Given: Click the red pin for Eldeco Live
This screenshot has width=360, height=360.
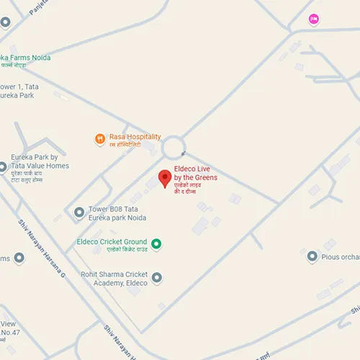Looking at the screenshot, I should coord(164,178).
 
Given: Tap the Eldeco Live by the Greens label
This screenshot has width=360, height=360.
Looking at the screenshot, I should coord(195,178).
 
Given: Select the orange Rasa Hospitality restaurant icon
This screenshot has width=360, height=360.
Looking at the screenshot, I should coord(99,138).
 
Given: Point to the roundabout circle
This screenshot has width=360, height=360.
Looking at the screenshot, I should coord(173,148).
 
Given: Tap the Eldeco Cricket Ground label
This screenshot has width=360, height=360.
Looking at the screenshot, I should coord(112,243).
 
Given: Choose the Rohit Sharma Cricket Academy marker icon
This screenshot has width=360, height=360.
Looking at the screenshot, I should coord(156,277).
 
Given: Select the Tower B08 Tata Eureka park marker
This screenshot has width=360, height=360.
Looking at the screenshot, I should coord(79,212).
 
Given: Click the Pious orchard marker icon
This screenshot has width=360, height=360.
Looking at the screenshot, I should coord(312,256).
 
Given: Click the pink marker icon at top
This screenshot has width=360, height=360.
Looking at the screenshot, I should coord(312,19).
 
